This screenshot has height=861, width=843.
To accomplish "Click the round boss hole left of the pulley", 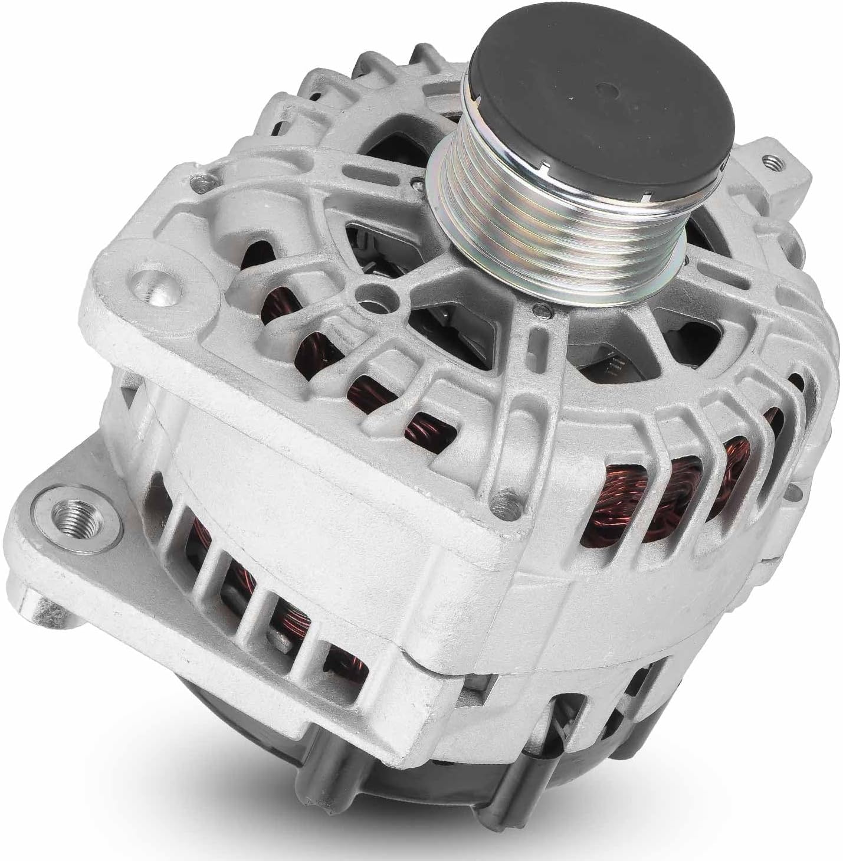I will coord(371,293).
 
